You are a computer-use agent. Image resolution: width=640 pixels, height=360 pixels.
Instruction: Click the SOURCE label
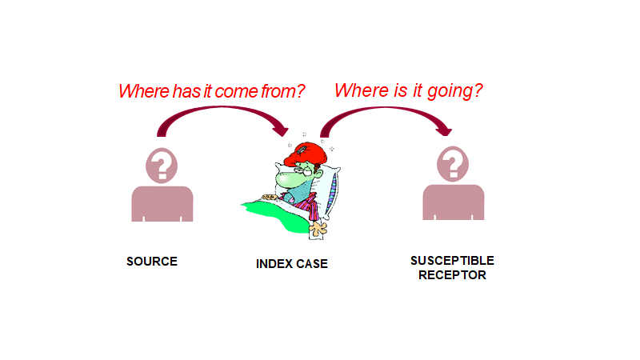[152, 262]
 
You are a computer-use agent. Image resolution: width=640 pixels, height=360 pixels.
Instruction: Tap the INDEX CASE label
[292, 263]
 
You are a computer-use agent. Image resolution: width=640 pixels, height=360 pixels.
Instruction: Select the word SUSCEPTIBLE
[452, 261]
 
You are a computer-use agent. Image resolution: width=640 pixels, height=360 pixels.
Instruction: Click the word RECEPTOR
[452, 275]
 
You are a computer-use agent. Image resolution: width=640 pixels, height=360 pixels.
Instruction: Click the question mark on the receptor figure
[453, 166]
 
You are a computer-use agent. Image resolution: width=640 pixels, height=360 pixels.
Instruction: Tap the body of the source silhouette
[162, 205]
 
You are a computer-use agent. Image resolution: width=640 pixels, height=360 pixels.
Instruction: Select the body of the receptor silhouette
[453, 203]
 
